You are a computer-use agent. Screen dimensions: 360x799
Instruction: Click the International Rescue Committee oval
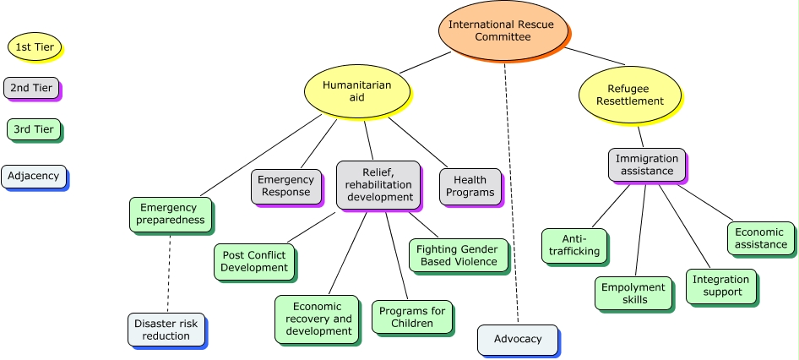(x=502, y=30)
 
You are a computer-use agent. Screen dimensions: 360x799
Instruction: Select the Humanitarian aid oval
(x=356, y=91)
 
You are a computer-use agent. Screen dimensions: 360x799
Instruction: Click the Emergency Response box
(x=285, y=186)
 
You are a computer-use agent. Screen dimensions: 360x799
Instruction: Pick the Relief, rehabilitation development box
(x=377, y=185)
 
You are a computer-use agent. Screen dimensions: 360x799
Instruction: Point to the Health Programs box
(x=469, y=186)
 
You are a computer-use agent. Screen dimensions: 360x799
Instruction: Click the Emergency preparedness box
(x=168, y=214)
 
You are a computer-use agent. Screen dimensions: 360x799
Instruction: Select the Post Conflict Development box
(x=253, y=261)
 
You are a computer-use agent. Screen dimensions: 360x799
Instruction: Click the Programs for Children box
(x=412, y=317)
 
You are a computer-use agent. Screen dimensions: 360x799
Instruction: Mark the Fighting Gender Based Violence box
(x=459, y=256)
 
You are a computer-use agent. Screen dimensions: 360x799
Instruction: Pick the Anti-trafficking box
(x=574, y=245)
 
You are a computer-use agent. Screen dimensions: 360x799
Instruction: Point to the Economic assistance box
(x=760, y=238)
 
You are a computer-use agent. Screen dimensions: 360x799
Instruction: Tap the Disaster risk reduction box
(x=166, y=330)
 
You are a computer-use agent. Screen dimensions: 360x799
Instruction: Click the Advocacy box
(x=517, y=339)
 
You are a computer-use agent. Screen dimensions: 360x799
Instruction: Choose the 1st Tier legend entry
(x=35, y=47)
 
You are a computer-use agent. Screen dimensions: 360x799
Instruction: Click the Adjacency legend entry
(x=33, y=177)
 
